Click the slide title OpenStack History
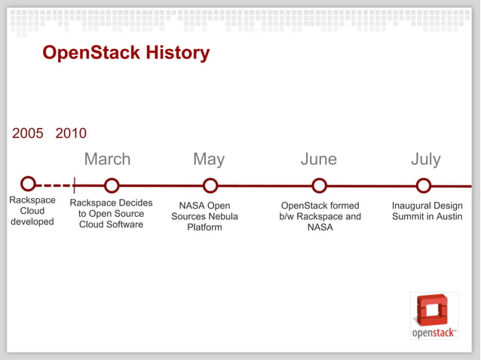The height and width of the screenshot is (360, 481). [x=126, y=53]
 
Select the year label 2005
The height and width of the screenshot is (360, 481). [x=28, y=134]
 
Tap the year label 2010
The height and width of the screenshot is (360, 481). [x=71, y=134]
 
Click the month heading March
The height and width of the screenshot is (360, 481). [x=107, y=160]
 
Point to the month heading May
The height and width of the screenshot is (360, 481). [x=209, y=160]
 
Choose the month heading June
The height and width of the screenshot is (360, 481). [x=318, y=160]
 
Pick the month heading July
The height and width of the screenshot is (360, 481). [x=425, y=160]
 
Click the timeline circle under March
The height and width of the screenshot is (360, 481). [x=112, y=185]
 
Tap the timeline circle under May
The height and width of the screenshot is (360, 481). [x=210, y=185]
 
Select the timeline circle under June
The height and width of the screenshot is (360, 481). [x=319, y=185]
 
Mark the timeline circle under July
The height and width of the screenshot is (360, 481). [x=424, y=185]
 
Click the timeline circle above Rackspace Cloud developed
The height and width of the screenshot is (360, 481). [x=28, y=184]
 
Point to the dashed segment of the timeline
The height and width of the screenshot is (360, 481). [x=53, y=185]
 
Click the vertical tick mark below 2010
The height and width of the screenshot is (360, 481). [x=74, y=185]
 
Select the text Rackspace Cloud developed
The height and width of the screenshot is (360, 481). [x=32, y=211]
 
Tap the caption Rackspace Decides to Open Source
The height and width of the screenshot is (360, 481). [x=111, y=214]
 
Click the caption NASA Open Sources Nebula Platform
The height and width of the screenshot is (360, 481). [x=204, y=216]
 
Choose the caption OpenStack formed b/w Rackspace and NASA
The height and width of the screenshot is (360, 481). [x=320, y=216]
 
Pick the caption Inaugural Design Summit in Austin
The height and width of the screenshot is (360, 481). [x=427, y=211]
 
